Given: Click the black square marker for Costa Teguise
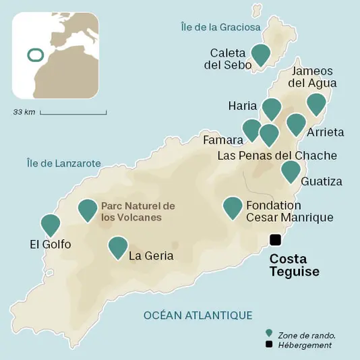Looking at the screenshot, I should (275, 239).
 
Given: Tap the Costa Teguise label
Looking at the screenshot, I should (294, 265).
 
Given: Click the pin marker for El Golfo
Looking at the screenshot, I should (51, 224).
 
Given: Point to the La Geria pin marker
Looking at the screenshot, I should (118, 247).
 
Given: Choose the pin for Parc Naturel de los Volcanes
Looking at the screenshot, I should (88, 210).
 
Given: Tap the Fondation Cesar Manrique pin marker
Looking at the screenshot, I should (233, 207).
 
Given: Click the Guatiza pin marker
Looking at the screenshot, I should (291, 171).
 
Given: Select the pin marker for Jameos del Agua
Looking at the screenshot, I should (316, 104).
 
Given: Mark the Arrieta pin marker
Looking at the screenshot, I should (295, 123).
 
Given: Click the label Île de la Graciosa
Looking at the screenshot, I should (220, 27).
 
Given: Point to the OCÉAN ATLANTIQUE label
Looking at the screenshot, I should (198, 315).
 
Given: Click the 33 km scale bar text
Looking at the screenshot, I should (24, 111).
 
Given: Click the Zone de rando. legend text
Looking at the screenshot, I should (306, 334).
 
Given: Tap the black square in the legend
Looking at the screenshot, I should (269, 344).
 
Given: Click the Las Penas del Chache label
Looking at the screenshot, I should (277, 156).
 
